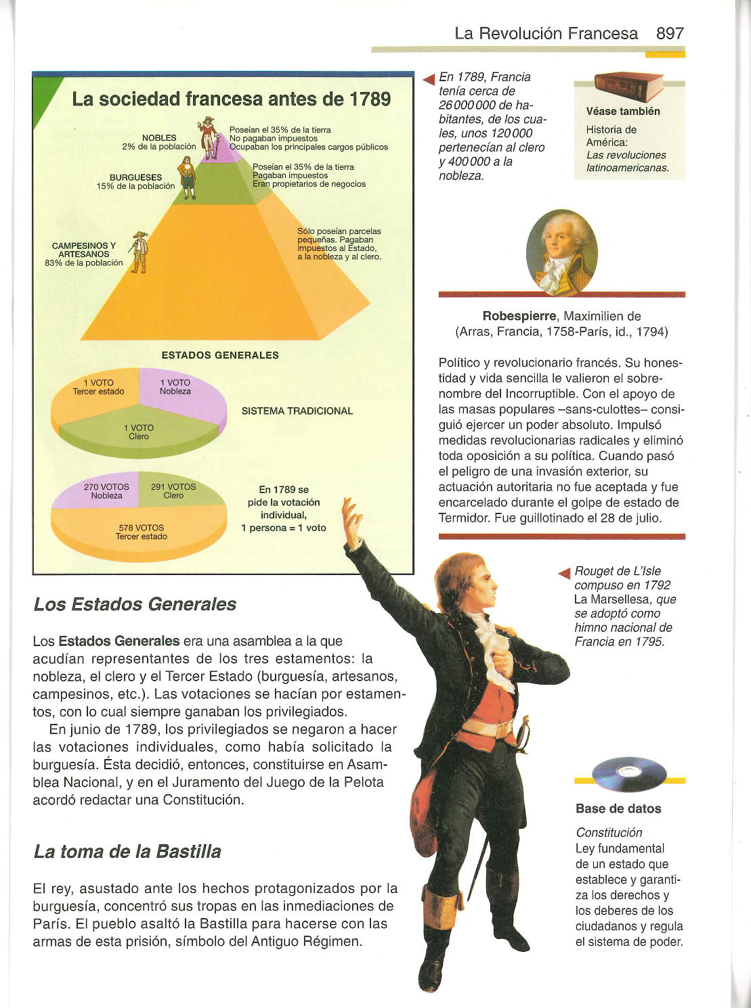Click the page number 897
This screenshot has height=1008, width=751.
pyautogui.click(x=670, y=33)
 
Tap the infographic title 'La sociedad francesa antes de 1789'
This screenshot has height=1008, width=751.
pyautogui.click(x=231, y=99)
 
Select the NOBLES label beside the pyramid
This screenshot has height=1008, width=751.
pyautogui.click(x=159, y=137)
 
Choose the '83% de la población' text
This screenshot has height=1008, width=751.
pyautogui.click(x=84, y=262)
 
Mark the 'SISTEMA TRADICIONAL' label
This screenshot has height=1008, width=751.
pyautogui.click(x=297, y=411)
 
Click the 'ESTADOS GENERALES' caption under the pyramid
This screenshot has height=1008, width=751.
pyautogui.click(x=220, y=355)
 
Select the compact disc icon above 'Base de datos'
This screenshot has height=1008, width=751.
pyautogui.click(x=628, y=773)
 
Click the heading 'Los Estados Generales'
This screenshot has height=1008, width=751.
pyautogui.click(x=135, y=604)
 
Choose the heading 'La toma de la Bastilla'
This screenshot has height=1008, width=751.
pyautogui.click(x=127, y=851)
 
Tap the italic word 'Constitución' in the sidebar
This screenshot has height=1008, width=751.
pyautogui.click(x=609, y=833)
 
